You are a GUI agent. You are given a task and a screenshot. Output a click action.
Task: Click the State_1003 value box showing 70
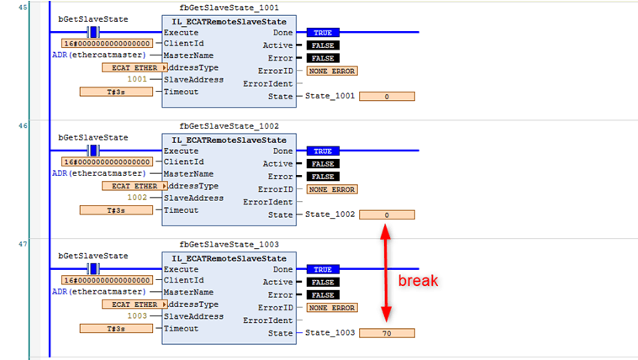387,333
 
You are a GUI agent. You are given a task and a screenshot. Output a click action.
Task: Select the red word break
418,280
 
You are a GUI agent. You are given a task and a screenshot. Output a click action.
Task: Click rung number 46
23,124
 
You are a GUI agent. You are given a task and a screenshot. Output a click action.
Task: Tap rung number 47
23,243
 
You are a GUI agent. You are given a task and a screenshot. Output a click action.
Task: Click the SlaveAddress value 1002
137,198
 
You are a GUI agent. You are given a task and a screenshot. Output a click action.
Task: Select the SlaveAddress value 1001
137,79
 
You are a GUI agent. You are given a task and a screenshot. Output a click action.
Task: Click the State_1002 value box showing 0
387,214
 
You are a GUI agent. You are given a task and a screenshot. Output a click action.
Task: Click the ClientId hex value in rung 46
108,161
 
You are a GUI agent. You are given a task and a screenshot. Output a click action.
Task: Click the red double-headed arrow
386,274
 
